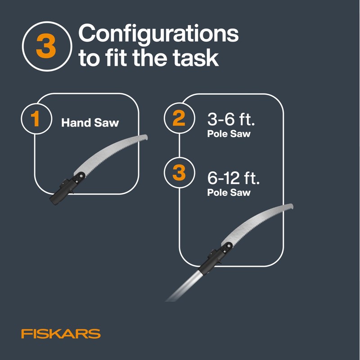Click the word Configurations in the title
pyautogui.click(x=158, y=35)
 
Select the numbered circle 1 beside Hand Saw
pyautogui.click(x=36, y=119)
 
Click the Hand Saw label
pyautogui.click(x=90, y=122)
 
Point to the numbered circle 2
pyautogui.click(x=179, y=119)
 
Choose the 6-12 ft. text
pyautogui.click(x=234, y=178)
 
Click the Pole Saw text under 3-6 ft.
pyautogui.click(x=228, y=134)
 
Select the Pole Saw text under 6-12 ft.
pyautogui.click(x=228, y=193)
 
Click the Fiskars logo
pyautogui.click(x=60, y=334)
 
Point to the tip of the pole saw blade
pyautogui.click(x=292, y=207)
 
